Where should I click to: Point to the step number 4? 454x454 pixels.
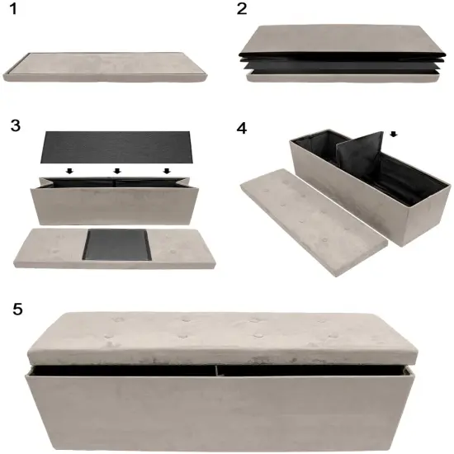coord(241,130)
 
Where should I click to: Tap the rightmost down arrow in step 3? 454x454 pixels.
coord(168,172)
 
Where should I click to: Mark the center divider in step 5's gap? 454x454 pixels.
coord(218,369)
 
